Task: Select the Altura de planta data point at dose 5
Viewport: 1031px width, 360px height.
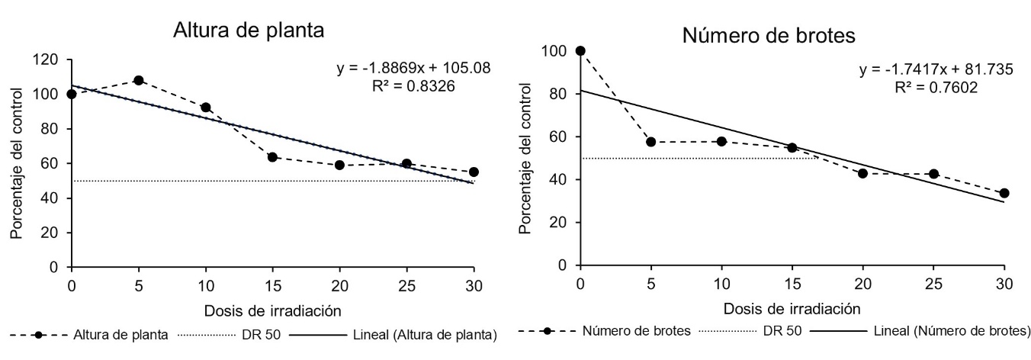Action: (x=139, y=80)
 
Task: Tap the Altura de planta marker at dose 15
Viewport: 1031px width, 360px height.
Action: (x=272, y=157)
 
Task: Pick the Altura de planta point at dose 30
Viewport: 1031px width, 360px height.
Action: (x=474, y=172)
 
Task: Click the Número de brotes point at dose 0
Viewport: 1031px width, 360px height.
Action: (x=580, y=50)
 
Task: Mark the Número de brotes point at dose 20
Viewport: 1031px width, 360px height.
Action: (x=862, y=173)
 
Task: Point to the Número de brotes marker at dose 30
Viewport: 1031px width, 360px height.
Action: (x=1004, y=193)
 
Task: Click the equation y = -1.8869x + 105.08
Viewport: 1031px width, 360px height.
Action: (x=413, y=69)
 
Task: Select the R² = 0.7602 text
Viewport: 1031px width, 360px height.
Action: (x=935, y=87)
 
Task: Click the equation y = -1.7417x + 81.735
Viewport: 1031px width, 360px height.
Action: (x=936, y=69)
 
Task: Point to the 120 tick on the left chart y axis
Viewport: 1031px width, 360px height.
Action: (x=50, y=59)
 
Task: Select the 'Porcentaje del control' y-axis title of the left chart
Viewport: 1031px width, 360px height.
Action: (x=16, y=163)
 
